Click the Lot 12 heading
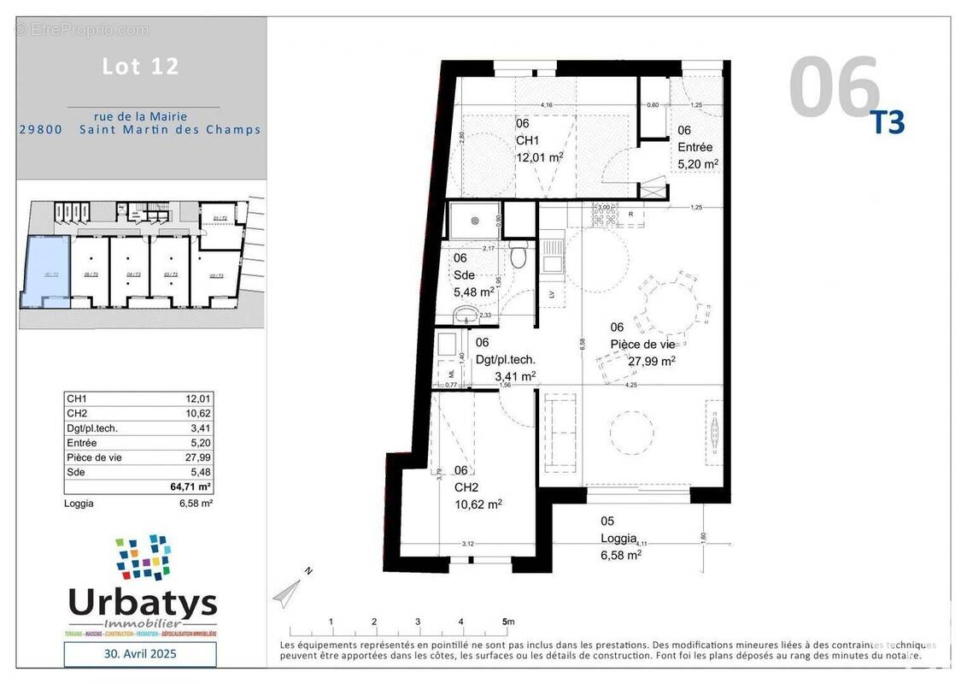coord(141,67)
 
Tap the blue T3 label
coord(887,123)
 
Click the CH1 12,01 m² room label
coord(538,141)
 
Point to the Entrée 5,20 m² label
coord(697,147)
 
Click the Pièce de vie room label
coord(642,344)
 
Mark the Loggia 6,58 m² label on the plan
coord(620,538)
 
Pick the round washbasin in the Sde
coord(466,314)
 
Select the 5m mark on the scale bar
coord(507,622)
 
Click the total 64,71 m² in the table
coord(193,486)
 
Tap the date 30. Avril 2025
coord(141,654)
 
